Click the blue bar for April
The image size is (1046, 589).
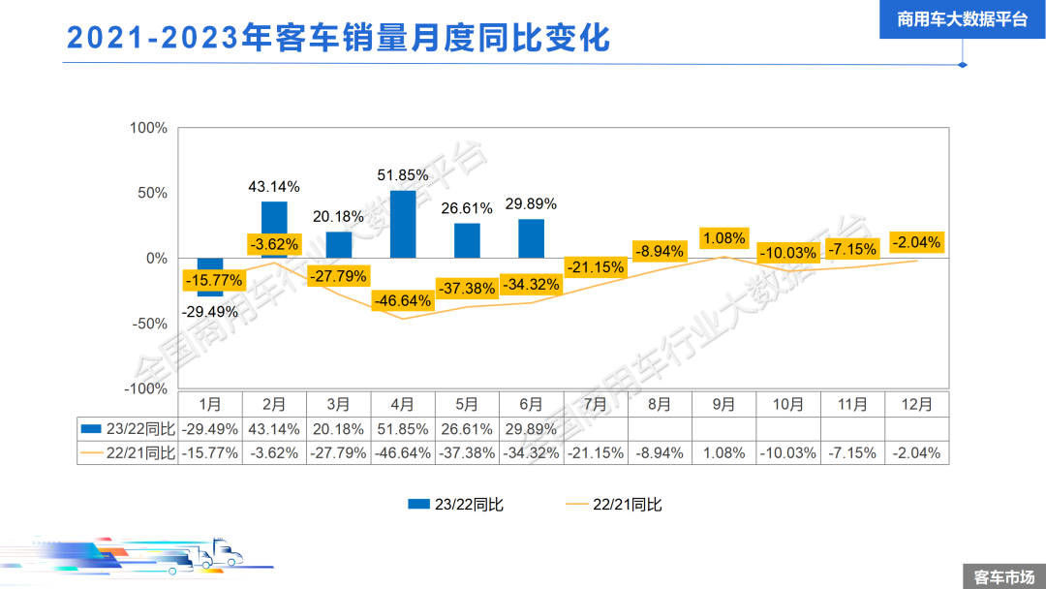pyautogui.click(x=403, y=224)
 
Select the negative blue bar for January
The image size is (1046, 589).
pyautogui.click(x=210, y=277)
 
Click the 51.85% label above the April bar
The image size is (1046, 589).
pyautogui.click(x=403, y=175)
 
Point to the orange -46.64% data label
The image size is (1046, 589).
pyautogui.click(x=403, y=300)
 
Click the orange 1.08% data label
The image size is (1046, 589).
pyautogui.click(x=724, y=237)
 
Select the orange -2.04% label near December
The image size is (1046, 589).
pyautogui.click(x=916, y=242)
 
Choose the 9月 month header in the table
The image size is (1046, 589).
pyautogui.click(x=724, y=404)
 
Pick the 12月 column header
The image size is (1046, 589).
pyautogui.click(x=916, y=404)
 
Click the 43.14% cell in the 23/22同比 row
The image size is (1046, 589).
pyautogui.click(x=274, y=428)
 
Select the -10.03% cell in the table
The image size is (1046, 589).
pyautogui.click(x=788, y=452)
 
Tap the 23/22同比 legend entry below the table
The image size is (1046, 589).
pyautogui.click(x=455, y=504)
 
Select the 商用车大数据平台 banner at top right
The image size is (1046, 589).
pyautogui.click(x=962, y=19)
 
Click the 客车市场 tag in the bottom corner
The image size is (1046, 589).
pyautogui.click(x=1003, y=576)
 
